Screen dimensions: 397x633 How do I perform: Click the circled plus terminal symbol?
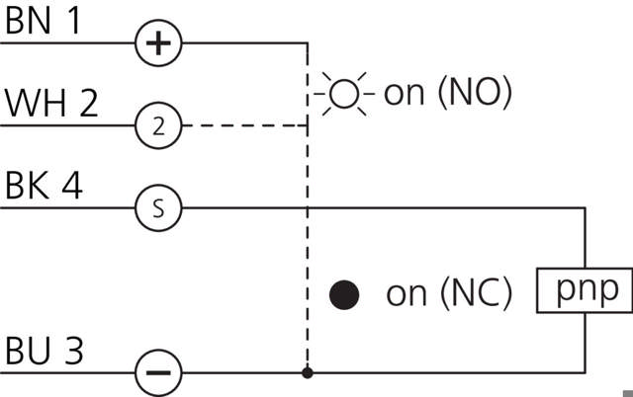pyautogui.click(x=158, y=43)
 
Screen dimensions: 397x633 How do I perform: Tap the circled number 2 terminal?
pyautogui.click(x=158, y=125)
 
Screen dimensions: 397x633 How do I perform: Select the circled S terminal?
pyautogui.click(x=158, y=208)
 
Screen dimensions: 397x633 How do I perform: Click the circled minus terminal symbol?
pyautogui.click(x=158, y=373)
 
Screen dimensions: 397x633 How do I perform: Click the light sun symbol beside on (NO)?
pyautogui.click(x=342, y=94)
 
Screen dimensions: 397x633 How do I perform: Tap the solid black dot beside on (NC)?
pyautogui.click(x=343, y=293)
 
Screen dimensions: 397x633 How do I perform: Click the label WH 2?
pyautogui.click(x=51, y=104)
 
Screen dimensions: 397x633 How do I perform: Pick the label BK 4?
pyautogui.click(x=45, y=186)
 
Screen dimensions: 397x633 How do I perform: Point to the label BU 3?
pyautogui.click(x=45, y=351)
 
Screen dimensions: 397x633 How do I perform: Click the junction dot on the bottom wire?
pyautogui.click(x=308, y=373)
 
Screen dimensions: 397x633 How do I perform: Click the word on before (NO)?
pyautogui.click(x=403, y=95)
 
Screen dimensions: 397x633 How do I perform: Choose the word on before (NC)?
pyautogui.click(x=405, y=294)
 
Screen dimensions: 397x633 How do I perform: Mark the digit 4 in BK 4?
pyautogui.click(x=71, y=186)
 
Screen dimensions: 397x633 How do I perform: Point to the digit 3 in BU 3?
pyautogui.click(x=72, y=351)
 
